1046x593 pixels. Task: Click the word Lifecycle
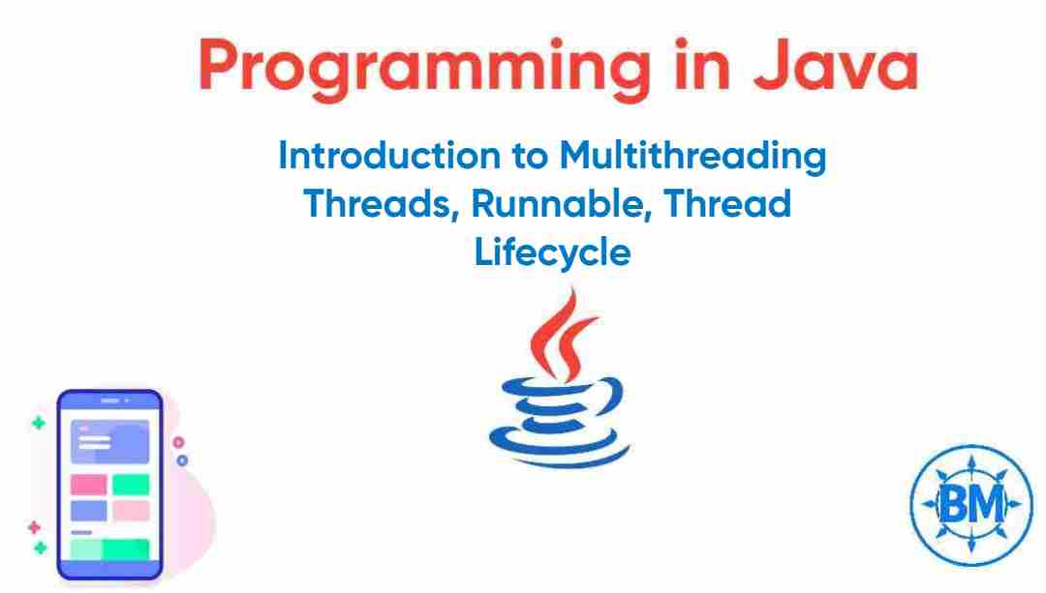pos(553,252)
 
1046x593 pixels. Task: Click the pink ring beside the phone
pos(178,442)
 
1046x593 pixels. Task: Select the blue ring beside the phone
pos(181,460)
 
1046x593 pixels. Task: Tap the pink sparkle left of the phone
pos(34,527)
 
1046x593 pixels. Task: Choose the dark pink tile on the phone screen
pos(88,484)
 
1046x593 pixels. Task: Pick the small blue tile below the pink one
pos(88,510)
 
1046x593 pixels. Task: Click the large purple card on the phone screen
pos(109,440)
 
